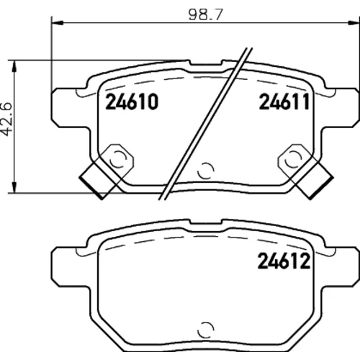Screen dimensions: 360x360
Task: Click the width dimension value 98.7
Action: coord(206,14)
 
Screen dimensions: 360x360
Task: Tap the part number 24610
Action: coord(132,102)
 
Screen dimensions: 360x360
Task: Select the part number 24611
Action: coord(284,102)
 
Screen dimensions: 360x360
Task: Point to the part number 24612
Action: coord(284,261)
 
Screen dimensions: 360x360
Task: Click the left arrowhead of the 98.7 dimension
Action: coord(57,22)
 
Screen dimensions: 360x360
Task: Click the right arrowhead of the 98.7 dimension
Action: coord(354,22)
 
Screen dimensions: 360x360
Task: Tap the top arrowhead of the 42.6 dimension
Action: coord(15,66)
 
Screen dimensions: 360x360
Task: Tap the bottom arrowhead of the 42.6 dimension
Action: coord(15,187)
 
